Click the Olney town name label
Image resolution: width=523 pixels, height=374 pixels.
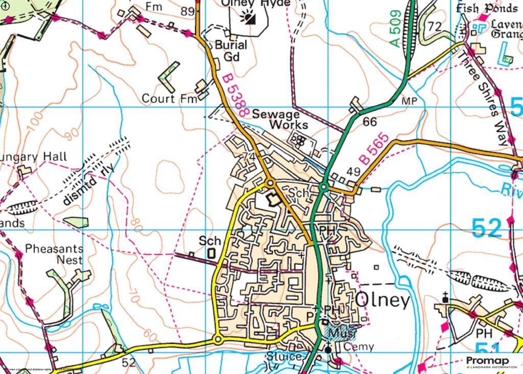coord(382,300)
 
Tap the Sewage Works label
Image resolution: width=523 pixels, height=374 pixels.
coord(281,119)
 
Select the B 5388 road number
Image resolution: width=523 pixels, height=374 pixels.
coord(235,97)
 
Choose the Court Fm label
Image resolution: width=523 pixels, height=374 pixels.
coord(169,98)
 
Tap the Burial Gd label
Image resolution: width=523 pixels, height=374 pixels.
coord(230,51)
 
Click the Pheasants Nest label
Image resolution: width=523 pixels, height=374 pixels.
coord(54,254)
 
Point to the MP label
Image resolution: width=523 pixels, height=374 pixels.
coord(413,102)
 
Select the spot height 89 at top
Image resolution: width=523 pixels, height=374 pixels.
coord(187,11)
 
